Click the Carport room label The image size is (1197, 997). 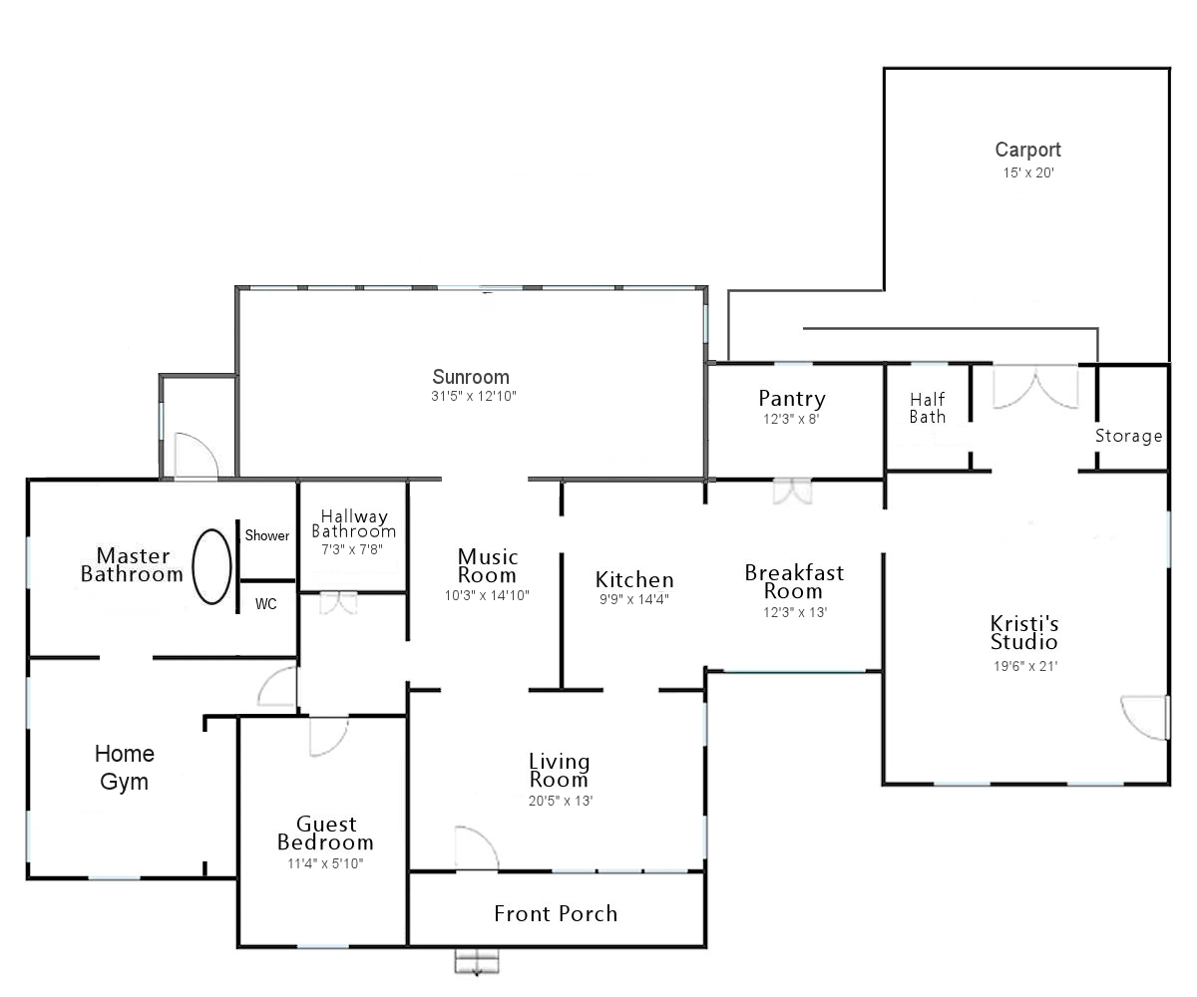[x=1027, y=150]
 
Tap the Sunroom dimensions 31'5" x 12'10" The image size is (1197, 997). [x=474, y=396]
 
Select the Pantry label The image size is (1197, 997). [x=792, y=398]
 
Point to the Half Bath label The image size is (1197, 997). [x=928, y=408]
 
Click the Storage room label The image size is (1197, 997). [x=1129, y=436]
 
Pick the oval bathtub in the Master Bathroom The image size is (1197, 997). [x=211, y=566]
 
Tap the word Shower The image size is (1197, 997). [x=267, y=535]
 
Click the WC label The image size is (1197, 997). [x=266, y=603]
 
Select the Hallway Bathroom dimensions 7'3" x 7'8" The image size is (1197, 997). [x=352, y=549]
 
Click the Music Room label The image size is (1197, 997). [x=488, y=565]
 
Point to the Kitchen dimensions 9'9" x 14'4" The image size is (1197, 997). [x=634, y=599]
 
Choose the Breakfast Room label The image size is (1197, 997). [x=794, y=581]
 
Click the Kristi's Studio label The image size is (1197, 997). [x=1024, y=632]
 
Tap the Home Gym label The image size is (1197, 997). [x=125, y=768]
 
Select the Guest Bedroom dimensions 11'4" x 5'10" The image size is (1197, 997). [x=325, y=863]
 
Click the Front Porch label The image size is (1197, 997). [x=556, y=913]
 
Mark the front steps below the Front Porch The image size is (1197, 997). [x=477, y=962]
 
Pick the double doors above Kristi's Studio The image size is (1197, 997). [x=1035, y=388]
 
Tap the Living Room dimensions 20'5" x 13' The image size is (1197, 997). [x=560, y=801]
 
